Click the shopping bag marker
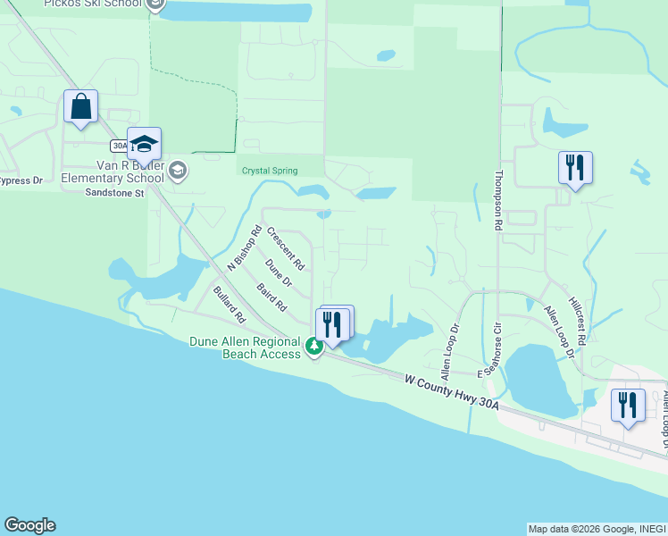(81, 107)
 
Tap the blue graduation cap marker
(144, 144)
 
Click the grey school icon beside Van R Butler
(178, 170)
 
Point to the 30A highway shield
(121, 146)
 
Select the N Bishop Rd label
(243, 248)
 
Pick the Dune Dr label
(279, 273)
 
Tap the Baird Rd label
(271, 297)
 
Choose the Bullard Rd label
(229, 305)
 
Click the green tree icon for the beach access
(313, 345)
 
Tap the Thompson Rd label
(499, 202)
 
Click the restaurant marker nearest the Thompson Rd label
(573, 167)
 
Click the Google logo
(29, 525)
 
